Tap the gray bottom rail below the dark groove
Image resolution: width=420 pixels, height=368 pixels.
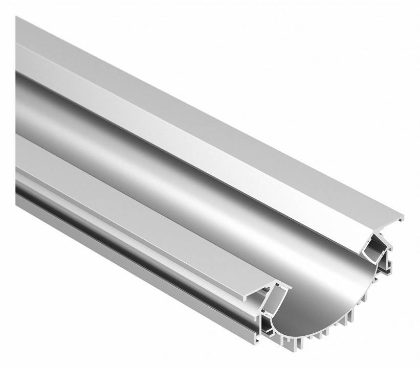click(x=128, y=266)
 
